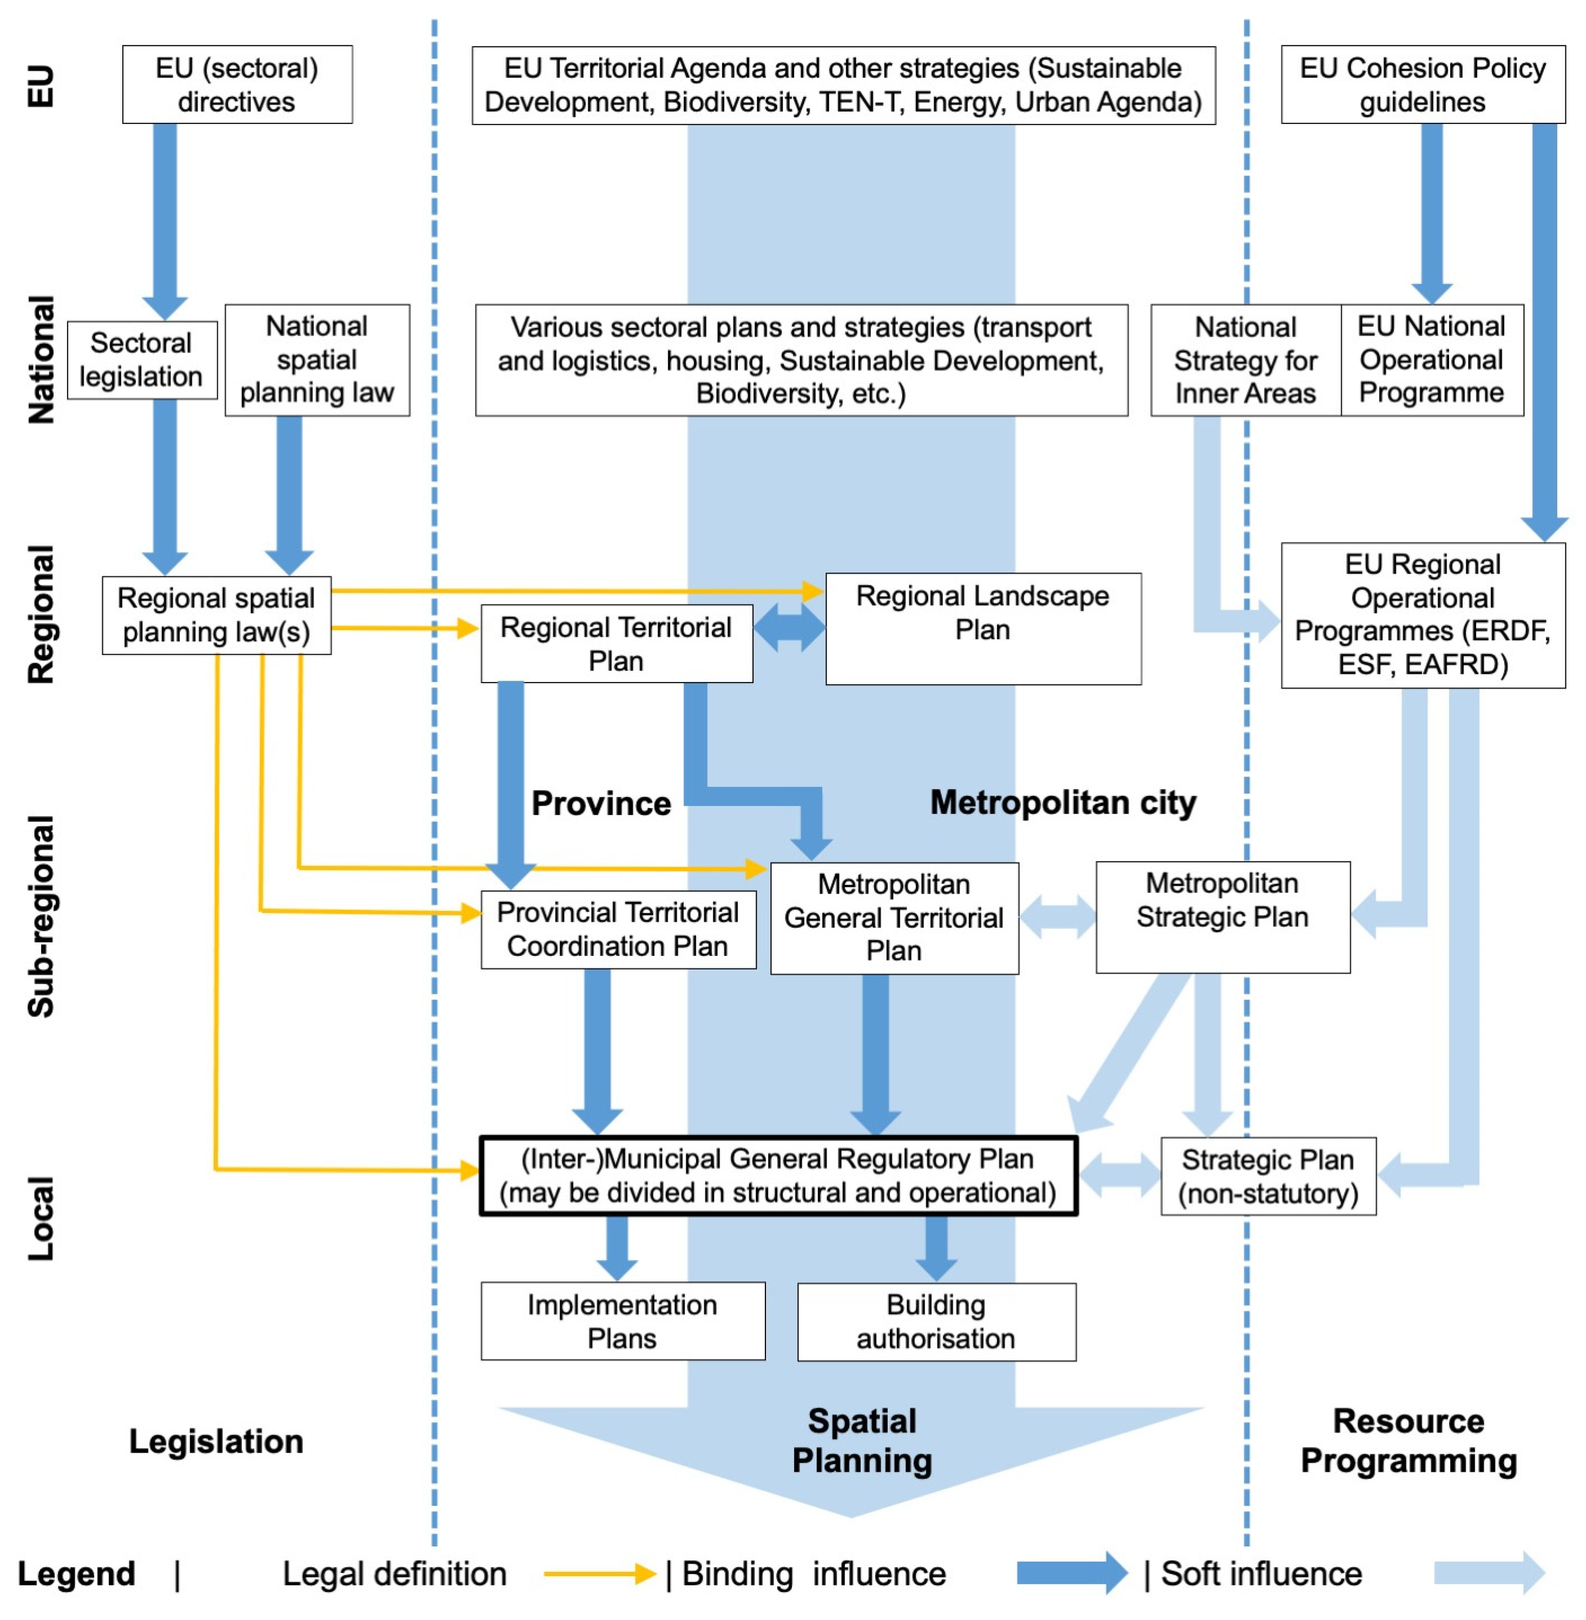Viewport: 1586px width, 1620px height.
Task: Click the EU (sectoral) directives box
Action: point(238,84)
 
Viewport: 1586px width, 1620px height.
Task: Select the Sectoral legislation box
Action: point(142,360)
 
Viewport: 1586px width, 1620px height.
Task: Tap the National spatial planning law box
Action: point(317,360)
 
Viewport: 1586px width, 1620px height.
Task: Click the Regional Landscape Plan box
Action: point(983,629)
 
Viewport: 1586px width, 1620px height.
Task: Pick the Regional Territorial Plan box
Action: point(617,644)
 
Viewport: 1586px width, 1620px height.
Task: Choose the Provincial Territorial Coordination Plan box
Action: point(618,929)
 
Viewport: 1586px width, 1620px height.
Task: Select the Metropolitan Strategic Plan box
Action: point(1223,917)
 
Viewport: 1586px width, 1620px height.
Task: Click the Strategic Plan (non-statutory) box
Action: point(1269,1176)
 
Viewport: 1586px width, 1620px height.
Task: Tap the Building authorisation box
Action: point(936,1322)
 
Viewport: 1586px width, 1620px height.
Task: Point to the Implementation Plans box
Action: point(623,1321)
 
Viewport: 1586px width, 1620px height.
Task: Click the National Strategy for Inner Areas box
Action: point(1246,360)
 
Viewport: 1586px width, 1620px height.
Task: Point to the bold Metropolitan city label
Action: point(1063,803)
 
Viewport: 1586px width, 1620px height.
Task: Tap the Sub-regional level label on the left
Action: point(41,916)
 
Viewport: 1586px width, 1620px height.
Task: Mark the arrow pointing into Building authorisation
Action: point(936,1248)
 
